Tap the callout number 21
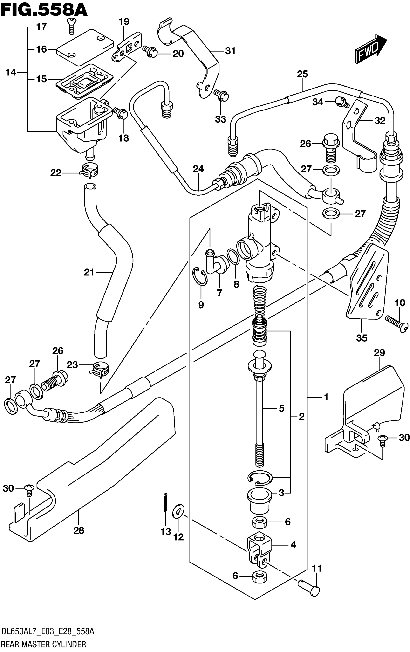[89, 272]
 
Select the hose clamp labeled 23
[99, 369]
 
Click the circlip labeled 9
[200, 276]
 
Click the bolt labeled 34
[342, 102]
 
